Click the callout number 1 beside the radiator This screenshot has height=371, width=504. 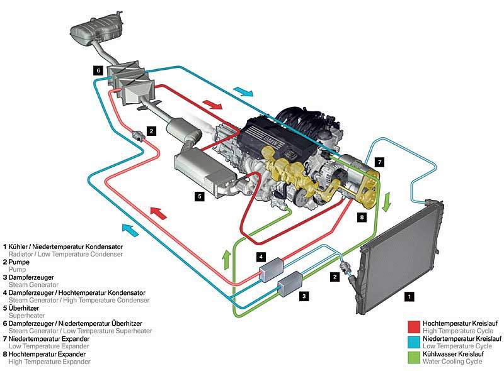[410, 294]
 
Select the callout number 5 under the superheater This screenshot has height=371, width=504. [199, 196]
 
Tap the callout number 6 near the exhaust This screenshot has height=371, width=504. [98, 70]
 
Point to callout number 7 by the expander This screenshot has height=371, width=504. [379, 162]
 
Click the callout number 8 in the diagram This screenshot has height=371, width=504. [362, 217]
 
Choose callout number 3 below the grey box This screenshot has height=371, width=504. [304, 295]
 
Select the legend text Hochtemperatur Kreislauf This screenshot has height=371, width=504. [460, 323]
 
